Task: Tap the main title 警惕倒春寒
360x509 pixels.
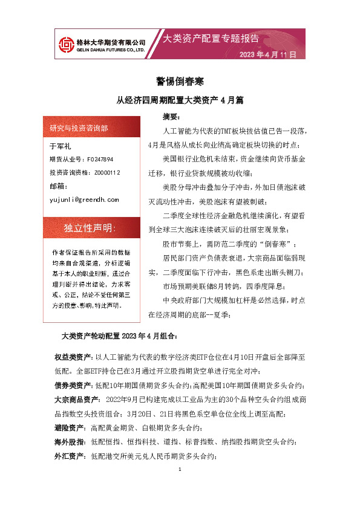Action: (x=180, y=81)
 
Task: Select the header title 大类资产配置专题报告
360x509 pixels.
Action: (x=211, y=39)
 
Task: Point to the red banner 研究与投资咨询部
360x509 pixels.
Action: (x=79, y=128)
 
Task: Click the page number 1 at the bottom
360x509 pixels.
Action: (x=180, y=470)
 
